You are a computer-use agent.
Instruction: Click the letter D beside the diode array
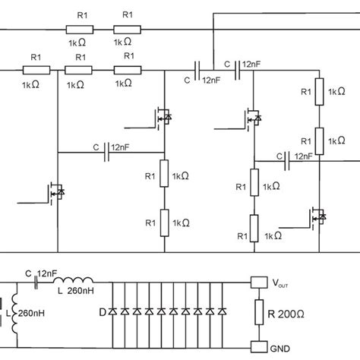pos(101,312)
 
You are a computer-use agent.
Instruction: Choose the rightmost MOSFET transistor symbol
pos(319,218)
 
